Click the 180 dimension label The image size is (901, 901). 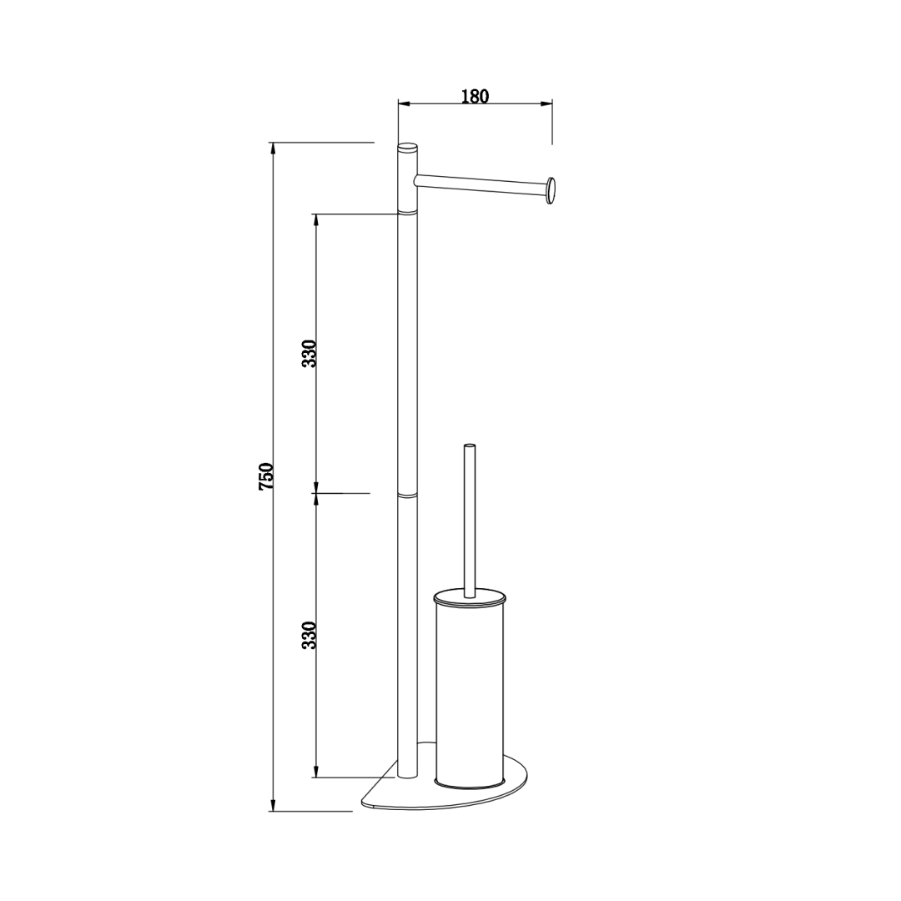pyautogui.click(x=475, y=97)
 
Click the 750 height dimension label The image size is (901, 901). pyautogui.click(x=267, y=476)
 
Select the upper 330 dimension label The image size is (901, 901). pyautogui.click(x=310, y=354)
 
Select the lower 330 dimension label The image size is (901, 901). pyautogui.click(x=310, y=635)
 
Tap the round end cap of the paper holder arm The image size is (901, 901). pyautogui.click(x=551, y=192)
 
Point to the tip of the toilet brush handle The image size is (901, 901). pyautogui.click(x=470, y=445)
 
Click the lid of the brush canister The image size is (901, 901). pyautogui.click(x=470, y=600)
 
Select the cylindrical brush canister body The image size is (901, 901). pyautogui.click(x=470, y=692)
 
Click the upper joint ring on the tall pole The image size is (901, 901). pyautogui.click(x=408, y=213)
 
